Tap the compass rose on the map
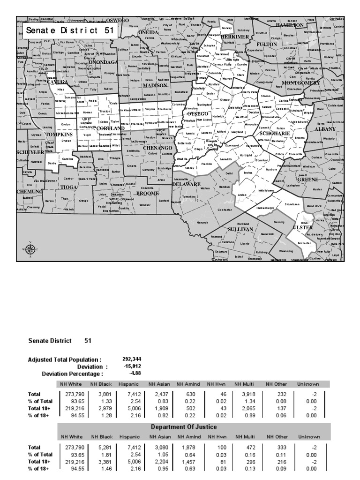click(x=30, y=249)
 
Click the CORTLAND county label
click(x=111, y=128)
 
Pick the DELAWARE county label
click(x=187, y=184)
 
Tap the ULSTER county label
click(x=302, y=227)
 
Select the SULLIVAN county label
click(x=240, y=229)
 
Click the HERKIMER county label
click(x=235, y=37)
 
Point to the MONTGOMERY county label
click(x=300, y=83)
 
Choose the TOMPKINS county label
click(x=58, y=134)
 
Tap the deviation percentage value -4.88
click(x=135, y=374)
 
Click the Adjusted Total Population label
click(x=65, y=360)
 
